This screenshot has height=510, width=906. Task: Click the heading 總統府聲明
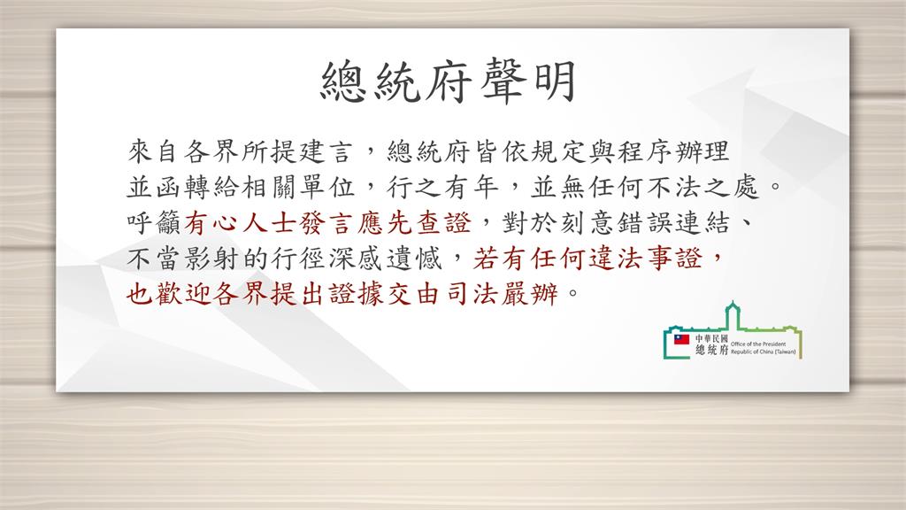[x=449, y=81]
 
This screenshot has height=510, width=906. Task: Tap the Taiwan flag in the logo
[x=682, y=339]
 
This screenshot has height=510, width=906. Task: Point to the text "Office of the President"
[x=758, y=344]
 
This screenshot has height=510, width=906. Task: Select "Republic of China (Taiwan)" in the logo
[x=764, y=352]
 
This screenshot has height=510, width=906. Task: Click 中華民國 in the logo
[x=711, y=338]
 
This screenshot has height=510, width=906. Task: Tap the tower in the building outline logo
[x=733, y=315]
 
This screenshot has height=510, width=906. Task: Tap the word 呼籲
[x=154, y=223]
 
